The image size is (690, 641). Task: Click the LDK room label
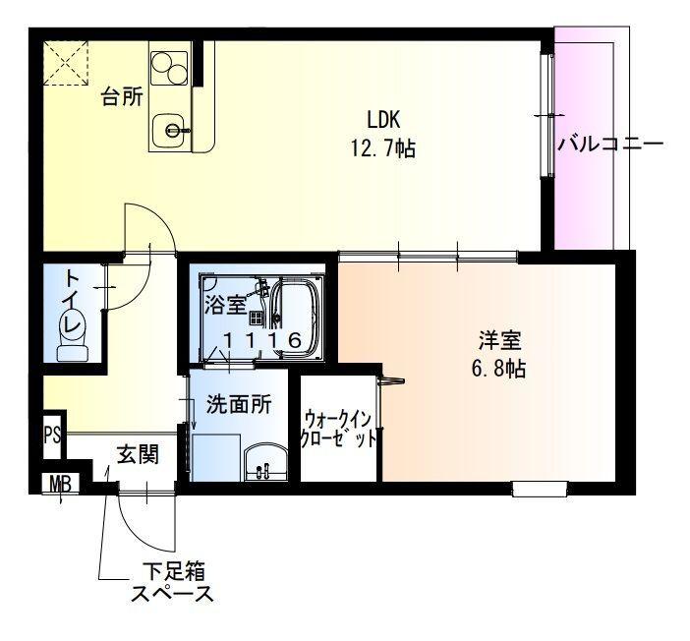pyautogui.click(x=383, y=120)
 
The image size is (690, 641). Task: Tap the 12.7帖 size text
pyautogui.click(x=382, y=149)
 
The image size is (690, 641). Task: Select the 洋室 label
pyautogui.click(x=499, y=342)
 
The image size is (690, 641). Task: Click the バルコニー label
pyautogui.click(x=610, y=144)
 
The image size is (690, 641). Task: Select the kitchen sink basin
pyautogui.click(x=173, y=128)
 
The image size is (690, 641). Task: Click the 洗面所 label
pyautogui.click(x=238, y=403)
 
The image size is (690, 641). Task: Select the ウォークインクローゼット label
pyautogui.click(x=339, y=430)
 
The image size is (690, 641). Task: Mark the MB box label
pyautogui.click(x=61, y=484)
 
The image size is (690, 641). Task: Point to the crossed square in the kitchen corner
pyautogui.click(x=67, y=63)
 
